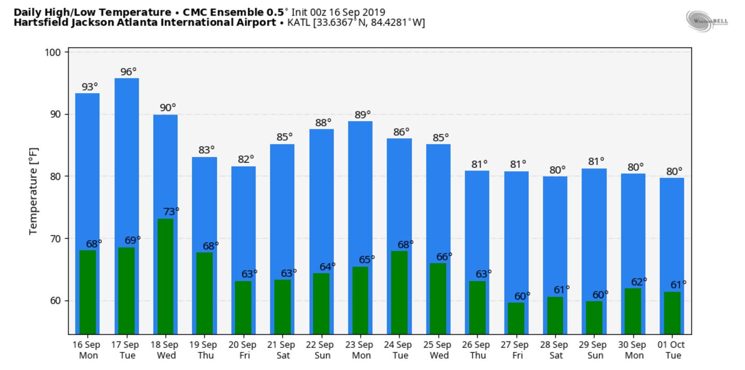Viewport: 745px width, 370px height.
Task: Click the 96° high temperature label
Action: (129, 72)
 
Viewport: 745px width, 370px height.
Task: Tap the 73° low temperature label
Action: (171, 211)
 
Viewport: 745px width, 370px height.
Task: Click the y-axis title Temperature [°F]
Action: (34, 191)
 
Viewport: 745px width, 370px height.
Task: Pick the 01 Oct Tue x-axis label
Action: (673, 350)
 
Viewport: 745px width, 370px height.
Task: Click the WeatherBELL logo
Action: (707, 21)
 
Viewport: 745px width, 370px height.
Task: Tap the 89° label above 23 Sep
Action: (363, 115)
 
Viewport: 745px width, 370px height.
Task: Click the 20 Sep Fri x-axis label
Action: (243, 350)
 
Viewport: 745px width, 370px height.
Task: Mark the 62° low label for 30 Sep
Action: (639, 282)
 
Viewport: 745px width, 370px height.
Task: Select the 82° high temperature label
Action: (246, 160)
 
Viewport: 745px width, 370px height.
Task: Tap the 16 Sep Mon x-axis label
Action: (86, 350)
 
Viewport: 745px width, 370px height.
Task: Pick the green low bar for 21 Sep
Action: (282, 306)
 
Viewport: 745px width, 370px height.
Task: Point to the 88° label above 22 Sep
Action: (323, 123)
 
